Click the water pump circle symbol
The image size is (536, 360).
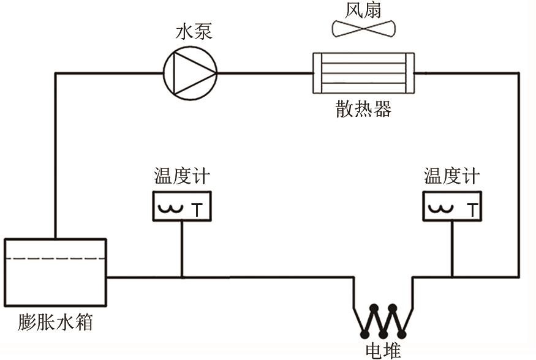point(190,73)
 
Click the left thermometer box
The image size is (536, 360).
point(181,206)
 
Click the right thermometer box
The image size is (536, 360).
point(451,206)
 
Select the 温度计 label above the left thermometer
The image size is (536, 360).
point(181,178)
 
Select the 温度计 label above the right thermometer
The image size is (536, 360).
point(451,178)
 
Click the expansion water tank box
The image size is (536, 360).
point(55,272)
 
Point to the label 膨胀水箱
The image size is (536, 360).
point(55,322)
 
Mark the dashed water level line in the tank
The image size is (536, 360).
point(55,259)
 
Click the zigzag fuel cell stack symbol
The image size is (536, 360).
point(383,320)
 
